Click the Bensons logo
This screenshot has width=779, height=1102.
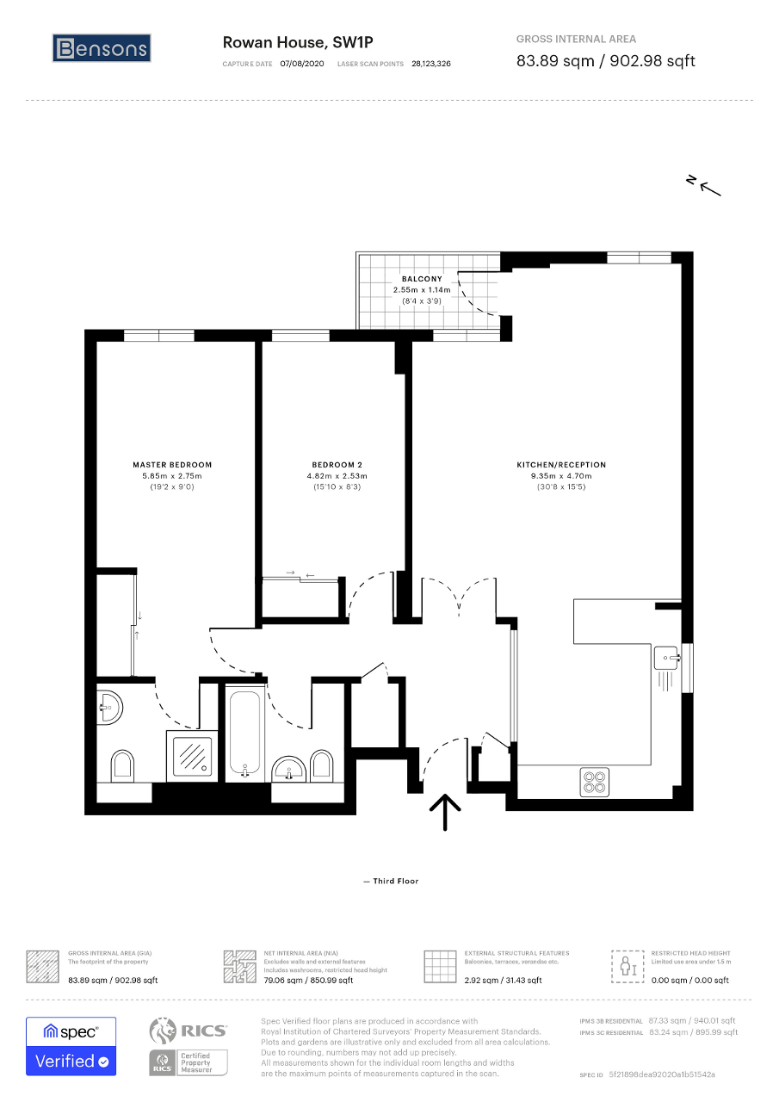click(102, 48)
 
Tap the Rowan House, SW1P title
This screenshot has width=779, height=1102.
click(298, 43)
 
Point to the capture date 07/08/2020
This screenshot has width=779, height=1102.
click(302, 64)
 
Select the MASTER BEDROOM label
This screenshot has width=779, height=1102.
click(172, 464)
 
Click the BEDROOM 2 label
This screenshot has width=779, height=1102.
click(337, 464)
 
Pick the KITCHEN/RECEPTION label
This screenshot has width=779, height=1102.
click(561, 464)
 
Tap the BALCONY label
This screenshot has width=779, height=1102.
click(422, 278)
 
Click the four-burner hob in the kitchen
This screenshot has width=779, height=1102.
click(594, 782)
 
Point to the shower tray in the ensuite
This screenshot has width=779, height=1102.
click(192, 756)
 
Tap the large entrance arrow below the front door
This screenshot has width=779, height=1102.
click(445, 812)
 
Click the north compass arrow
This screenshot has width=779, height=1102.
click(710, 189)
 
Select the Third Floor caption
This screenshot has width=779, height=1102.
click(395, 881)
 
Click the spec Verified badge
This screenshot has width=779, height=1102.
click(71, 1046)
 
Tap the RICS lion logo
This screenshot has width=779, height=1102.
click(163, 1031)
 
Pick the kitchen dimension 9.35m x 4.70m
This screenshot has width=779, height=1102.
click(561, 476)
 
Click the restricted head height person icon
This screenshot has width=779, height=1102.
click(628, 966)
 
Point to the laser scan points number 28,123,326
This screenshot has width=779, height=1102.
click(431, 64)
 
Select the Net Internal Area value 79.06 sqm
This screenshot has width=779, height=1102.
click(284, 980)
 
